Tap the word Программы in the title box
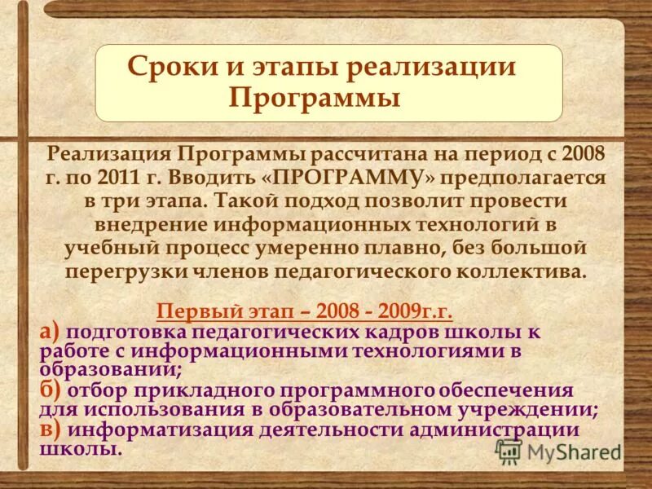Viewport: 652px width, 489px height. click(x=315, y=98)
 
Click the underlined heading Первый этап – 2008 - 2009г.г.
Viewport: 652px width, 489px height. click(x=304, y=312)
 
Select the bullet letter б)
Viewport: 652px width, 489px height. click(x=50, y=390)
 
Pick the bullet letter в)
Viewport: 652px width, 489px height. click(x=50, y=430)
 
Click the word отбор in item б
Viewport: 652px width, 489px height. click(x=101, y=390)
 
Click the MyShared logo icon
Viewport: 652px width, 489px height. click(x=509, y=451)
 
